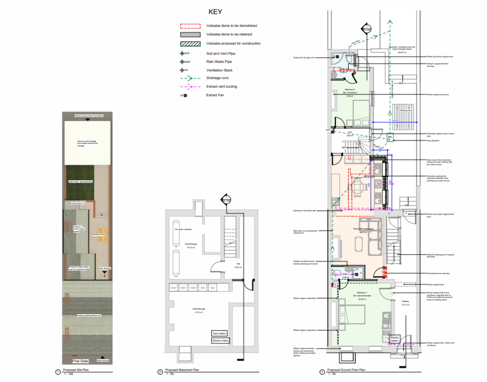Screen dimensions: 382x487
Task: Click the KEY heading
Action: (x=215, y=12)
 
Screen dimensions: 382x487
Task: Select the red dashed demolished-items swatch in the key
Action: (x=190, y=26)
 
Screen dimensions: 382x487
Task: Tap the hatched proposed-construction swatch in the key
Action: (x=190, y=43)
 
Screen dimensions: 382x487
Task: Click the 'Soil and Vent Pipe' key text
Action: (x=220, y=54)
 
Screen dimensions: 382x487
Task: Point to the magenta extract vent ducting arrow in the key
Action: (x=190, y=87)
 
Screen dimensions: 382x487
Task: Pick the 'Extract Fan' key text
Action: (x=215, y=95)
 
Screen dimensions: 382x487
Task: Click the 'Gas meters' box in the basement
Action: (x=220, y=333)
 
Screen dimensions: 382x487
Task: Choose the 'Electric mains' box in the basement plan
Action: (x=220, y=341)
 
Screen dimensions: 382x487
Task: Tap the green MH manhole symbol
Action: (x=390, y=137)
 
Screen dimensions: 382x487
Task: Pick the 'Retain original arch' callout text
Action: (x=435, y=284)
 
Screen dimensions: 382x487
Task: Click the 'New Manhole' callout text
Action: (x=435, y=141)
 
